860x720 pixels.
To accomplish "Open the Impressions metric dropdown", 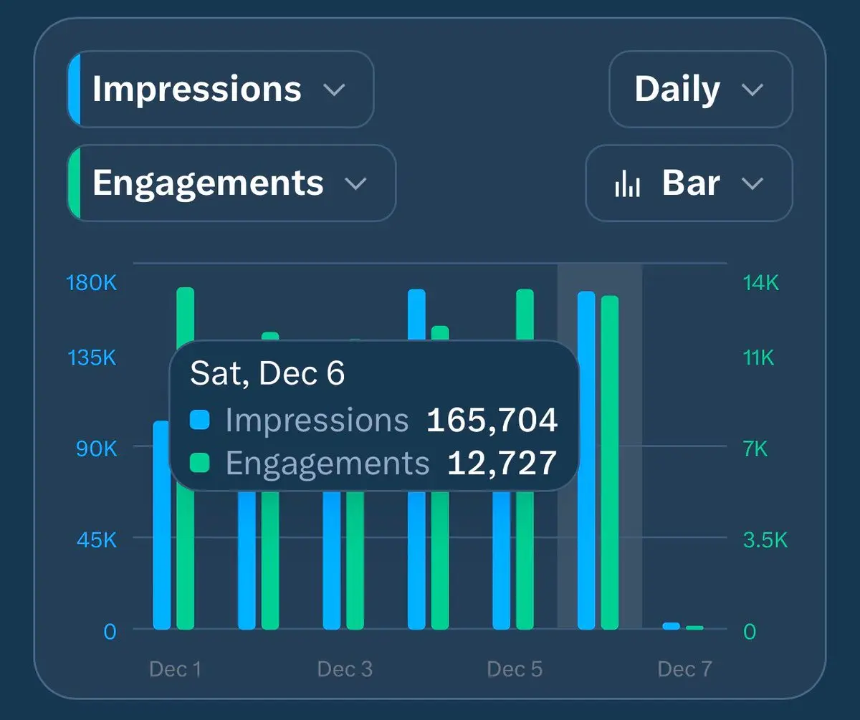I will [x=221, y=90].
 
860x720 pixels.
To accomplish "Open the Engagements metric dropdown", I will [x=231, y=183].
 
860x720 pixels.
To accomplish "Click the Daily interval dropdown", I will [x=699, y=90].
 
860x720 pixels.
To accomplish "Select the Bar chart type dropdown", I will [x=689, y=183].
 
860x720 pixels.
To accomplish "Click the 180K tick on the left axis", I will [x=91, y=283].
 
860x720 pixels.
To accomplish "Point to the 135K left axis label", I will [x=92, y=357].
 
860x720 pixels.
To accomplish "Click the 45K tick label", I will [x=96, y=539].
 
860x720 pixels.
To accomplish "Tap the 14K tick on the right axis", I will [x=760, y=283].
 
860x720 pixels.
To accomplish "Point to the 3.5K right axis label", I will [x=765, y=539].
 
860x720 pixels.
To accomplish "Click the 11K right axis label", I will [x=758, y=357].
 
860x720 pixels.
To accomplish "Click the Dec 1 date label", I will [x=175, y=669].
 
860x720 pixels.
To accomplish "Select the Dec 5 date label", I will [x=515, y=669].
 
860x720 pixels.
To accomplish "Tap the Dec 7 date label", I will [x=684, y=669].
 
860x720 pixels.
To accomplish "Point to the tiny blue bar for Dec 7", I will [x=671, y=626].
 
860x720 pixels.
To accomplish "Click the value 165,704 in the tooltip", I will [x=492, y=421].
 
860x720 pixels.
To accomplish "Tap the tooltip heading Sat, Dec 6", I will [x=267, y=373].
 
